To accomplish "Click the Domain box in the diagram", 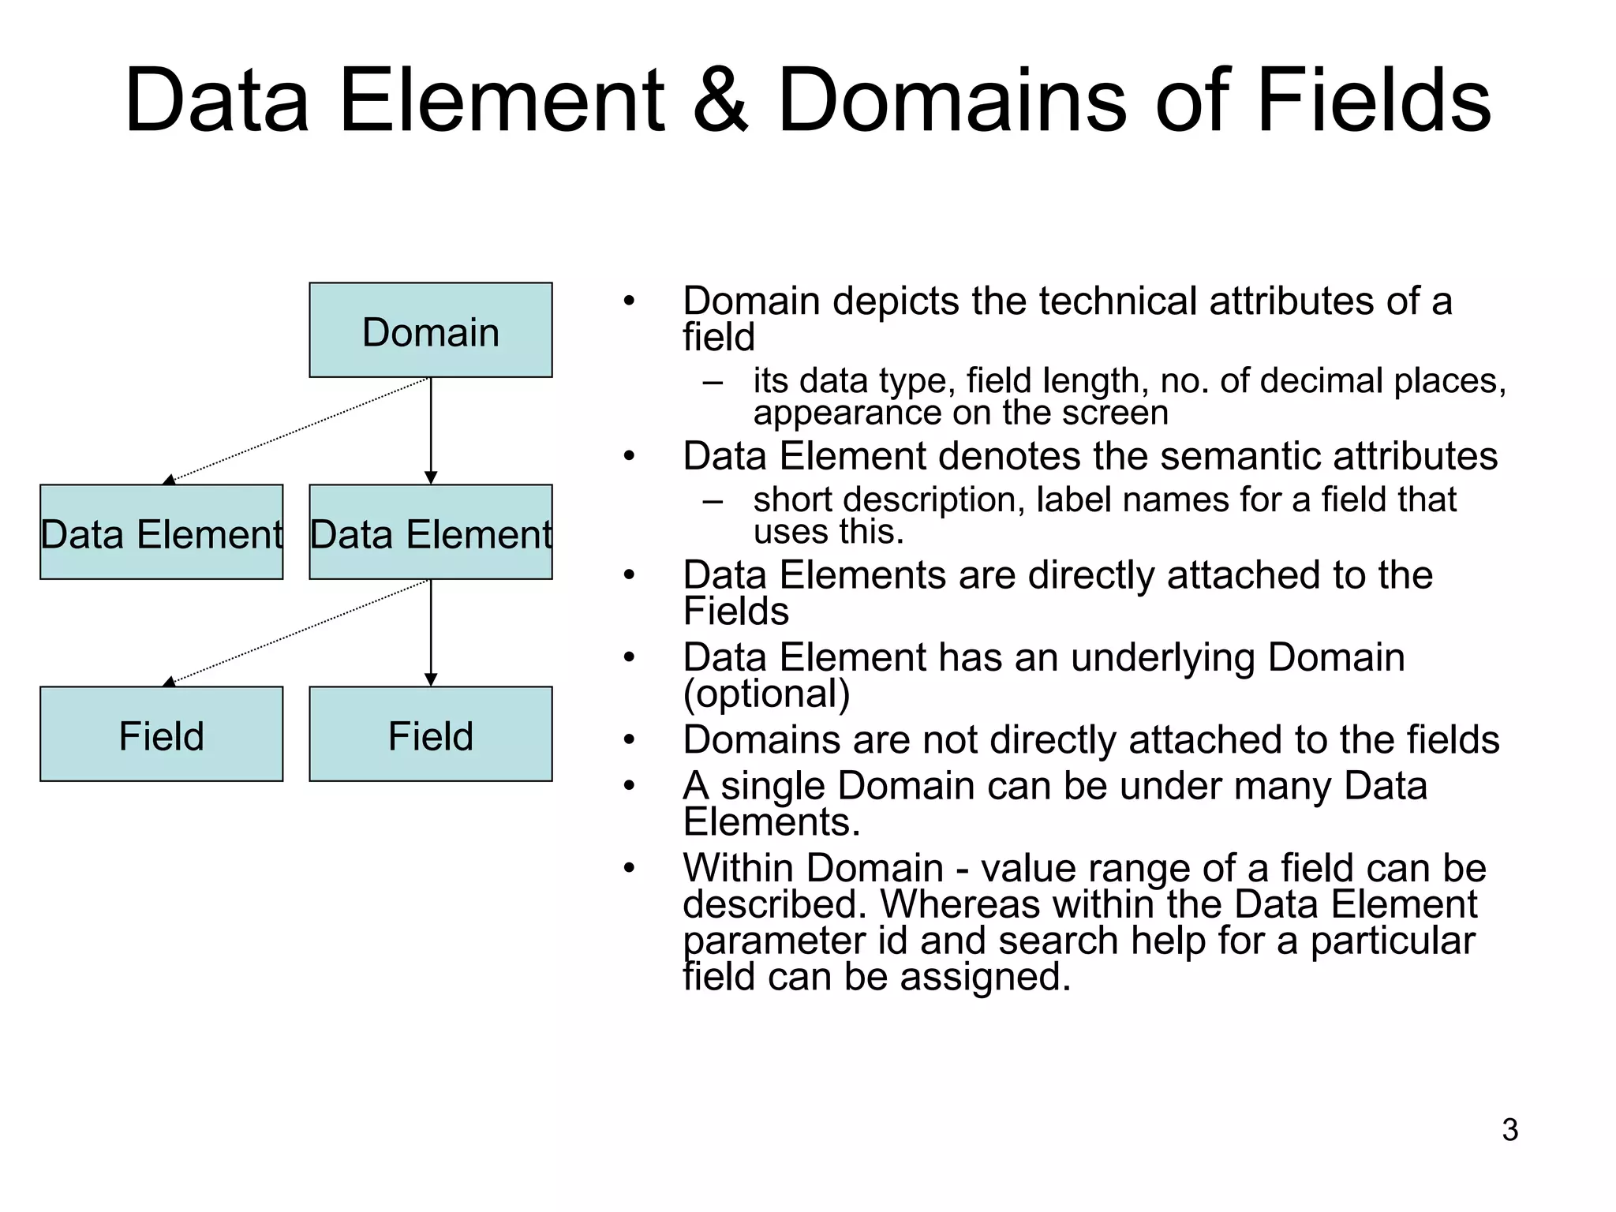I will tap(430, 330).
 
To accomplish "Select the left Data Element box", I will tap(161, 532).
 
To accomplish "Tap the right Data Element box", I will tap(430, 532).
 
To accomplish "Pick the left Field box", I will tap(161, 734).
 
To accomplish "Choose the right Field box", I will tap(430, 734).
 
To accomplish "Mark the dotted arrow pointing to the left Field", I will tap(300, 630).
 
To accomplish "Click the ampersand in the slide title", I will tap(720, 101).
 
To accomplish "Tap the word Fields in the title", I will tap(1373, 101).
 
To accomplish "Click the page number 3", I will tap(1509, 1130).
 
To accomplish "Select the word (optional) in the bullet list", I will tap(766, 694).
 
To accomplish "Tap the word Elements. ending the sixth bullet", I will tap(771, 821).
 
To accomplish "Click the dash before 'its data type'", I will tap(713, 383).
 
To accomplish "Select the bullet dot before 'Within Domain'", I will tap(628, 868).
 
